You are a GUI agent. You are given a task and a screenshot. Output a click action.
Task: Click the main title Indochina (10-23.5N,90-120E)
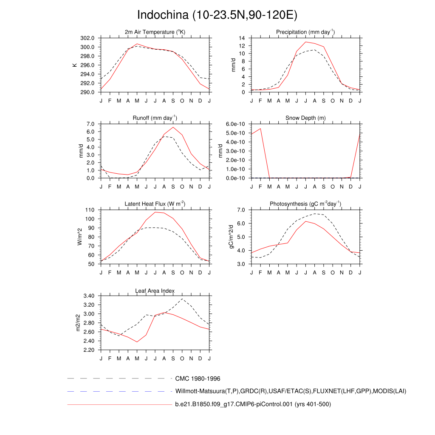tap(217, 15)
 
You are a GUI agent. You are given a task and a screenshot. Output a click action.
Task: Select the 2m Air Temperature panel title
tap(155, 32)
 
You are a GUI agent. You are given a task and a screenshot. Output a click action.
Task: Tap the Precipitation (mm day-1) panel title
tap(305, 32)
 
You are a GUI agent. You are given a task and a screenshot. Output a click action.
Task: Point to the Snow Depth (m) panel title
tap(305, 118)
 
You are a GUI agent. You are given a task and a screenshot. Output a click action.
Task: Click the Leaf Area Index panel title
tap(155, 291)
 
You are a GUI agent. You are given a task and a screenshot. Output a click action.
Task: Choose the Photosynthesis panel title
tap(305, 204)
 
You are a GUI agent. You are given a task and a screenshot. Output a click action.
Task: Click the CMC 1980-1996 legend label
tap(198, 379)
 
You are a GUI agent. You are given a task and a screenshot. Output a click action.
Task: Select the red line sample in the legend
tap(119, 404)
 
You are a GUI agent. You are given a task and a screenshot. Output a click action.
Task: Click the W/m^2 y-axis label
tap(80, 237)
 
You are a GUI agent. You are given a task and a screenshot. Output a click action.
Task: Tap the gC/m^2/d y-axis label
tap(232, 237)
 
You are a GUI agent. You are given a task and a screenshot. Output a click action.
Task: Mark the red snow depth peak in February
tap(260, 128)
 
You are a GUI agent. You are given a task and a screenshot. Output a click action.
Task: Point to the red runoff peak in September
tap(173, 127)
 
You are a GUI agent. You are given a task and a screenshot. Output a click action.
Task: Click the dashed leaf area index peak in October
tap(182, 299)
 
